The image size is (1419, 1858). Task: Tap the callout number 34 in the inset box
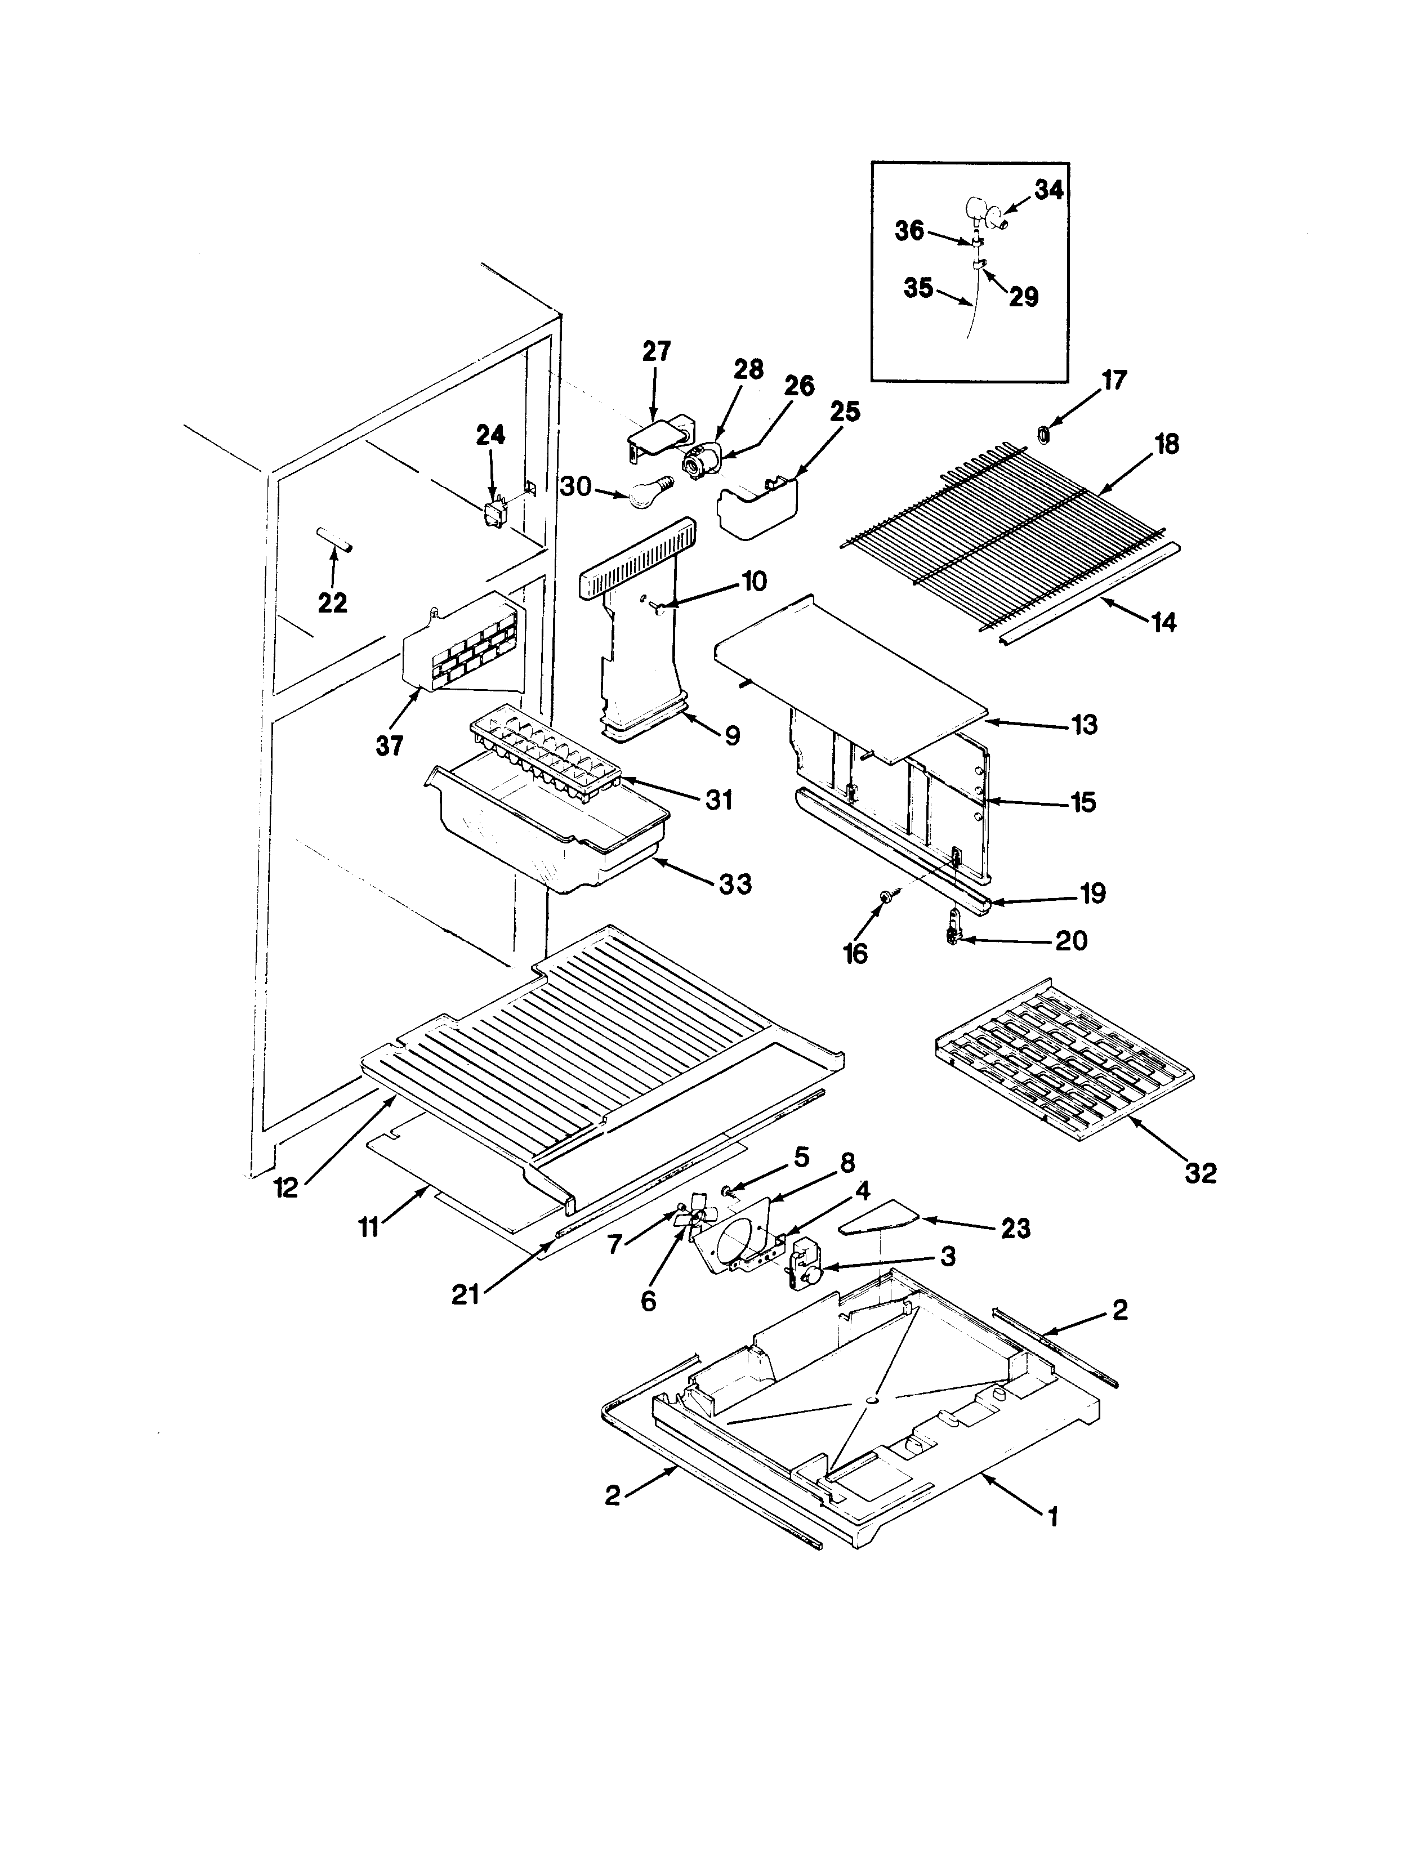1048,191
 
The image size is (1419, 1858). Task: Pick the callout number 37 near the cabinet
390,745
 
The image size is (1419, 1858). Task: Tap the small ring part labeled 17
1042,434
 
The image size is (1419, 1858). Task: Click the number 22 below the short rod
332,603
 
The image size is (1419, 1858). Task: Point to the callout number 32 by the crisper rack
1201,1173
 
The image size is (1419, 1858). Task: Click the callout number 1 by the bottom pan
1052,1518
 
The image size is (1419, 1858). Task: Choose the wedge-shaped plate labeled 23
880,1221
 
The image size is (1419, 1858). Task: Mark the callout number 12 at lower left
286,1188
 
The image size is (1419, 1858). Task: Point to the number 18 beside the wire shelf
1167,444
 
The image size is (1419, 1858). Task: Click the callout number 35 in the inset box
919,289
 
